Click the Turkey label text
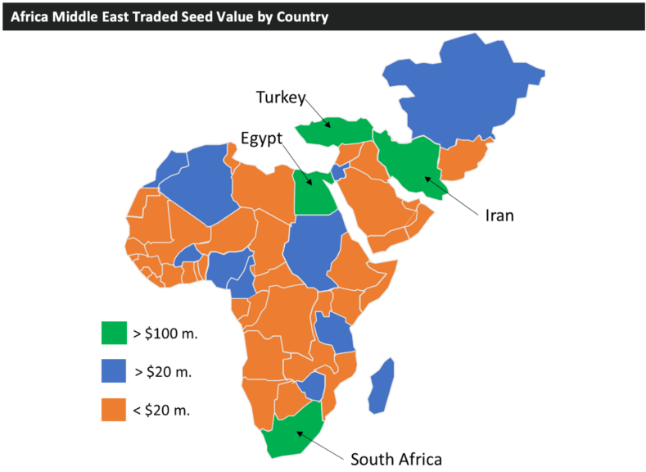[x=280, y=98]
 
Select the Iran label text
[x=499, y=215]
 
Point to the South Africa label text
[x=396, y=458]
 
